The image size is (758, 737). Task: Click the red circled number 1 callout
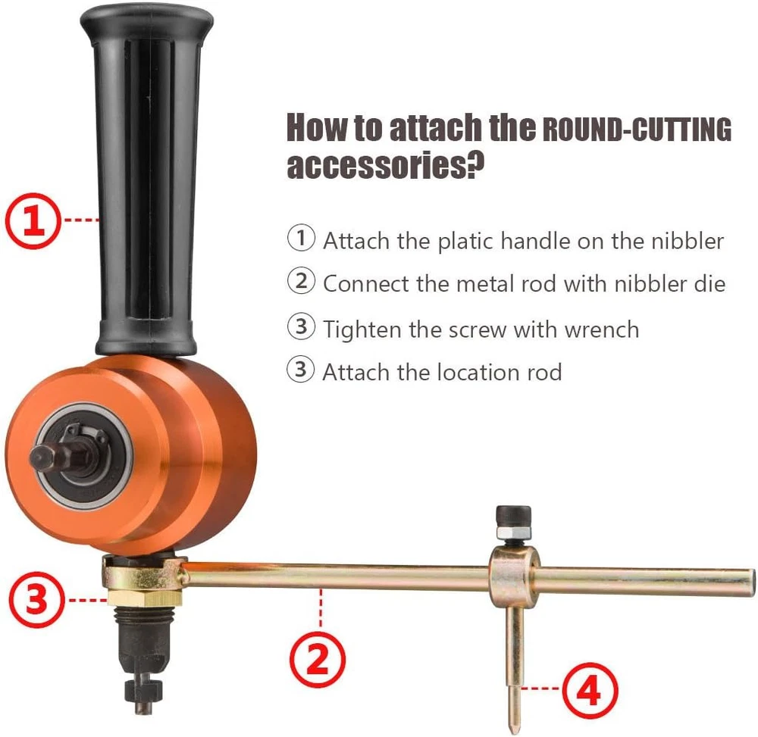click(33, 220)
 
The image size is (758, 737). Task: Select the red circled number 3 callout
click(36, 600)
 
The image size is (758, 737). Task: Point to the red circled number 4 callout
click(590, 691)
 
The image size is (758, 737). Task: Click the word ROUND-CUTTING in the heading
click(637, 130)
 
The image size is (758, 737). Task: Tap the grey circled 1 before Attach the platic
click(301, 238)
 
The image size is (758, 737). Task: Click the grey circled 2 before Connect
click(301, 280)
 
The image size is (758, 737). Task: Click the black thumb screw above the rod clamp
click(513, 516)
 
